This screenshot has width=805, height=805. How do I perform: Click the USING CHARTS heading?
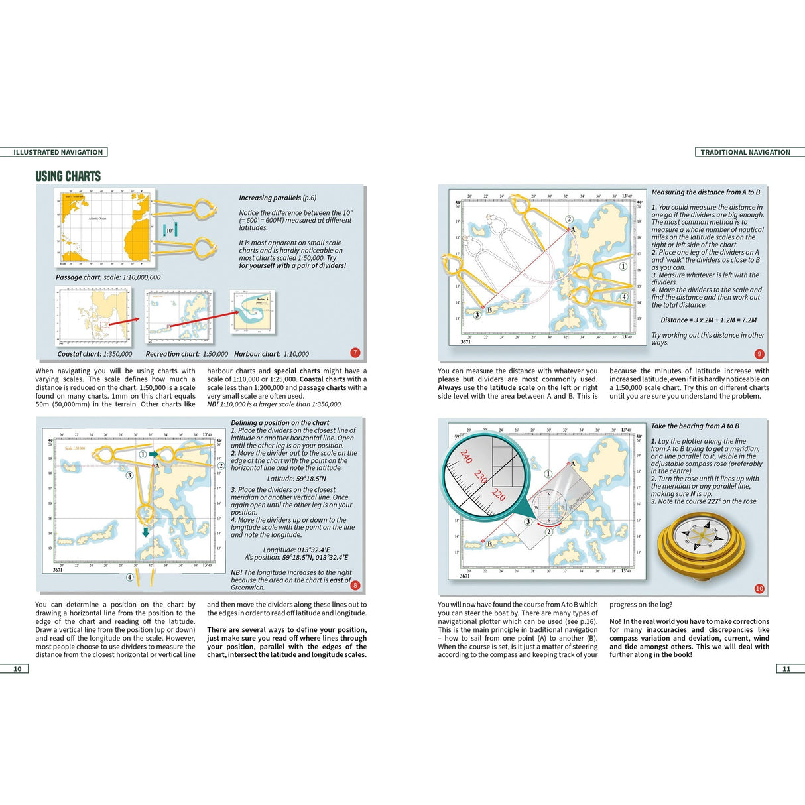coord(68,176)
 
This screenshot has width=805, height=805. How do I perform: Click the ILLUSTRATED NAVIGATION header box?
coord(58,152)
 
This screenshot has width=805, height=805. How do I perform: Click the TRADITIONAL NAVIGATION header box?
coord(745,152)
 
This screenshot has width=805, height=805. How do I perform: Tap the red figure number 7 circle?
coord(355,353)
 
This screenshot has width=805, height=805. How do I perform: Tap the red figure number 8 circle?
coord(355,585)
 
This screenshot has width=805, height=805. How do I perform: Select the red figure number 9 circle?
coord(759,354)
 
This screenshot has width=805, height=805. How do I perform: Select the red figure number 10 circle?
coord(759,588)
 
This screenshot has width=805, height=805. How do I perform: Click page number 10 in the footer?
coord(17,668)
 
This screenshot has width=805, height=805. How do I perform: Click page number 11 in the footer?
coord(786,668)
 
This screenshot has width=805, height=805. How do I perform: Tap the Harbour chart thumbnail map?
coord(252,311)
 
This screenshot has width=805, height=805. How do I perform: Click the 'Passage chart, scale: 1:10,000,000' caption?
coord(108,277)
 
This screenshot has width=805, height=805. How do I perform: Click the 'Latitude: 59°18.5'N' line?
coord(296,479)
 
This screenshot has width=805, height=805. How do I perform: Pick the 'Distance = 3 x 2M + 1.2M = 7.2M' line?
coord(708,320)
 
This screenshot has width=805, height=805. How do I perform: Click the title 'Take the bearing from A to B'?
coord(695,426)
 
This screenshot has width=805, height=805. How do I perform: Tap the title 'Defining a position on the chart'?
coord(280,422)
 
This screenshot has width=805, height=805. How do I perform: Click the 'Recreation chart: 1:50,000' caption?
coord(186,354)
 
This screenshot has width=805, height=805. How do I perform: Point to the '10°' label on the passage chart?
coord(170,231)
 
